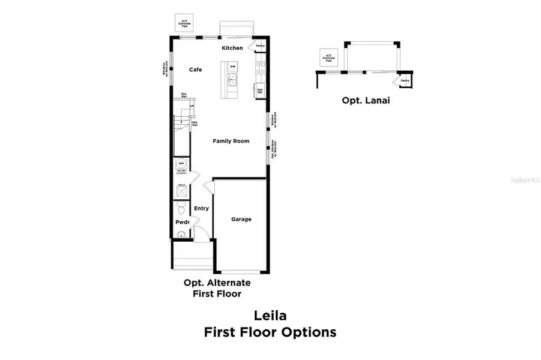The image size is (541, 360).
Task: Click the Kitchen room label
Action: coord(232,48)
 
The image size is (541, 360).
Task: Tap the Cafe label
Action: coord(195,70)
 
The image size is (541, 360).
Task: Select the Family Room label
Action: coord(231,141)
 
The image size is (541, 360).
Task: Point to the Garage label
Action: coord(241,219)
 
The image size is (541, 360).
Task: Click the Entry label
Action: coord(201,208)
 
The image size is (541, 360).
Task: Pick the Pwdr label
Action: coord(183,222)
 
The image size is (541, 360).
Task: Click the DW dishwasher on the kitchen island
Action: coord(232,65)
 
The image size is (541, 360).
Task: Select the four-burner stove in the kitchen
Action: coord(260,68)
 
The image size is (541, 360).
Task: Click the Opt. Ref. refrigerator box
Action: coord(260,91)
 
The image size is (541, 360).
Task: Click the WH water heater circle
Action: coord(181,164)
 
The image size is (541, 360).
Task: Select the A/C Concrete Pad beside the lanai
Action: coord(328,58)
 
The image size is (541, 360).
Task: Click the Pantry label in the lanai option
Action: coord(405,80)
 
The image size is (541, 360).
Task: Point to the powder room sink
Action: coord(181,235)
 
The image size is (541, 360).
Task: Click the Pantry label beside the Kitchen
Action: coord(260,46)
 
